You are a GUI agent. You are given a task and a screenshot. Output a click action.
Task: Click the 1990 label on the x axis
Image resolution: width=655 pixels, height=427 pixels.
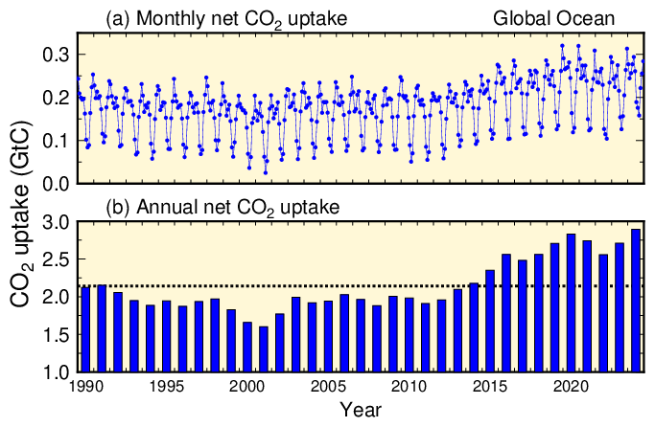tap(86, 387)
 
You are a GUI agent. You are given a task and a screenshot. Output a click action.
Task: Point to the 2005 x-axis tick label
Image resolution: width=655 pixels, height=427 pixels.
tap(329, 387)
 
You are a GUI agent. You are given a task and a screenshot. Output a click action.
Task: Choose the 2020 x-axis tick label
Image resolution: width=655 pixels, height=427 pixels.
tap(572, 387)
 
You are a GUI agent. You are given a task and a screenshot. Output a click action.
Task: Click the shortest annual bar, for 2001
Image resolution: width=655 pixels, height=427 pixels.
tap(264, 348)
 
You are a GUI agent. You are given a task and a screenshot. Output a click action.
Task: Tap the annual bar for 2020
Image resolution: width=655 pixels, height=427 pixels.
tap(572, 303)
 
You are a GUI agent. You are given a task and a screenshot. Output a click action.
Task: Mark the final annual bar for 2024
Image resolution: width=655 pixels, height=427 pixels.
tap(636, 300)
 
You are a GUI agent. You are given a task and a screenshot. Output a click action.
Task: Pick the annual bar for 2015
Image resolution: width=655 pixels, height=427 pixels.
tap(490, 321)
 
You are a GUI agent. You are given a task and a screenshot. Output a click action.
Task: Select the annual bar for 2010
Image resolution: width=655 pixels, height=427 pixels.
tap(409, 335)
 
